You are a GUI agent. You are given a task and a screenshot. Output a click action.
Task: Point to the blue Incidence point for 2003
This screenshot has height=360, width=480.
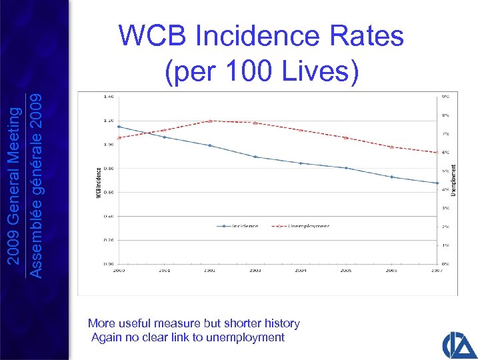pyautogui.click(x=255, y=157)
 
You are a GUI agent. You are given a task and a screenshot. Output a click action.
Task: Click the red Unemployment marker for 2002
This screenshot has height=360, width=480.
pyautogui.click(x=210, y=121)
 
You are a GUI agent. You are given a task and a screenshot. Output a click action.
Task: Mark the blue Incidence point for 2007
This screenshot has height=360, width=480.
pyautogui.click(x=437, y=183)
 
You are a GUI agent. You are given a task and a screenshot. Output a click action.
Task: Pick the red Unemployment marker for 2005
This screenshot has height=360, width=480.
pyautogui.click(x=346, y=137)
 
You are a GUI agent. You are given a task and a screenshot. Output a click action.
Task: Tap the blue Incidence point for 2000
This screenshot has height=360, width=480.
pyautogui.click(x=119, y=127)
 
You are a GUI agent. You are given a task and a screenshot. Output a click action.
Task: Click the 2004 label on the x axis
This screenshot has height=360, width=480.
pyautogui.click(x=301, y=271)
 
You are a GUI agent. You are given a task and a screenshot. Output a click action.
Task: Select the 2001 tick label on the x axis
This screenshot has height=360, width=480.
pyautogui.click(x=164, y=271)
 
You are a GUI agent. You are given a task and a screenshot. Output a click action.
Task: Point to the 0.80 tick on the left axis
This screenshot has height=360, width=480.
pyautogui.click(x=108, y=168)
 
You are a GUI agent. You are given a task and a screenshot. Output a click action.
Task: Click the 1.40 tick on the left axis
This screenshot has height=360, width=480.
pyautogui.click(x=108, y=97)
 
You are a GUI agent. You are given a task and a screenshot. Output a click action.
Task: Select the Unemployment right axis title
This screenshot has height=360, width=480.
pyautogui.click(x=454, y=180)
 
